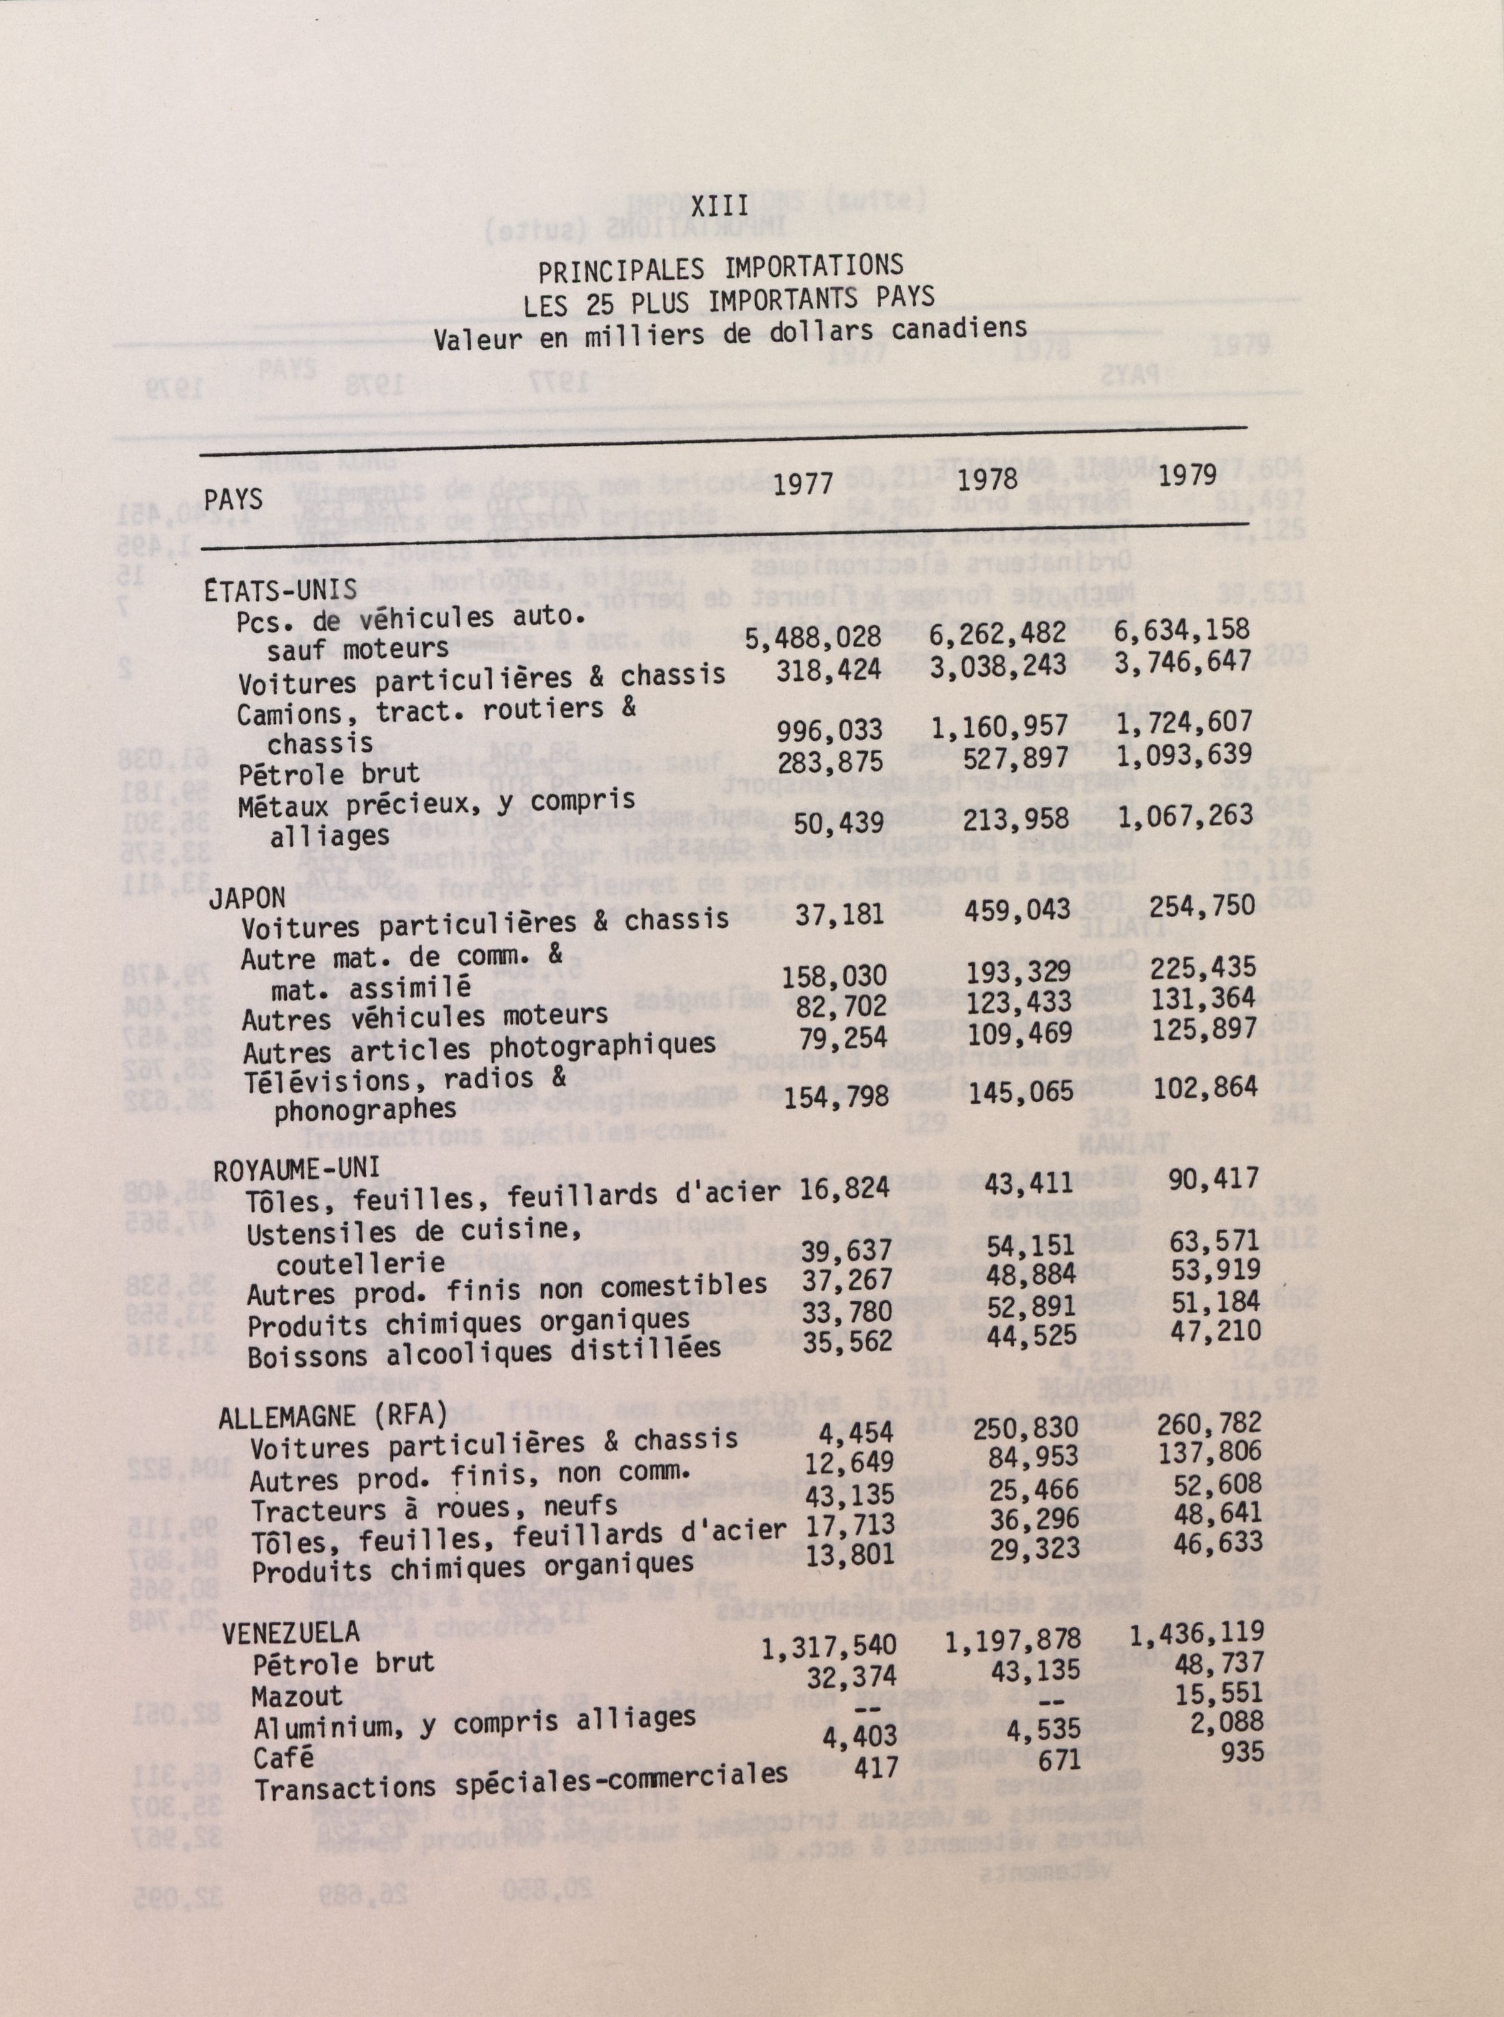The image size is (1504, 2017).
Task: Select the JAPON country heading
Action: pyautogui.click(x=247, y=897)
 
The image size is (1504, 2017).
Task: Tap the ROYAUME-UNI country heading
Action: pyautogui.click(x=283, y=1168)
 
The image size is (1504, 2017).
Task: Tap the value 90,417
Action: pyautogui.click(x=1213, y=1178)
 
